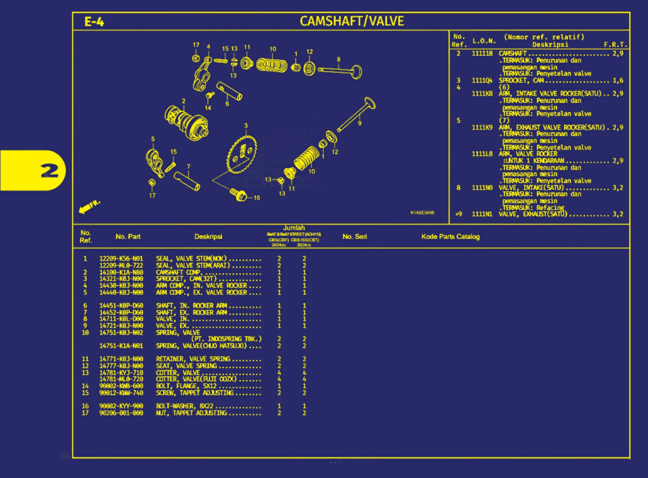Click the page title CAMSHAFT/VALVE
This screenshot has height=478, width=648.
[x=352, y=21]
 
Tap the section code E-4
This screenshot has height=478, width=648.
[x=94, y=22]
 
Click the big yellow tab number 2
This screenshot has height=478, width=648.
[x=50, y=171]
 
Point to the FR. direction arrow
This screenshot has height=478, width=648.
[x=89, y=206]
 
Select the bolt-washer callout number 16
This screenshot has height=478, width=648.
[x=257, y=198]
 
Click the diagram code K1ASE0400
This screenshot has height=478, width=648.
[x=422, y=212]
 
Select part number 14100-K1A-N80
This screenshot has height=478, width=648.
[x=121, y=272]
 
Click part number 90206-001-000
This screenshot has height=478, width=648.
[x=121, y=413]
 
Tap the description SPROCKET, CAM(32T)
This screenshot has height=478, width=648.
[x=186, y=279]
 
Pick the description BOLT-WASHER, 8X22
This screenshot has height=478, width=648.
[x=184, y=406]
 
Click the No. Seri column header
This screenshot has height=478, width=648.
[x=355, y=237]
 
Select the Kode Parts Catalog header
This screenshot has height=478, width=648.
[x=450, y=237]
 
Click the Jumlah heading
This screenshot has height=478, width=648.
[x=294, y=228]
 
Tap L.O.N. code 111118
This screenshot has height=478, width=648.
[x=482, y=53]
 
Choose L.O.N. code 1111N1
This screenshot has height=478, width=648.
[x=482, y=214]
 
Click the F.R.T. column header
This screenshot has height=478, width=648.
[x=615, y=45]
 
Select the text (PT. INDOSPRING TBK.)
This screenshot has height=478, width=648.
[x=226, y=339]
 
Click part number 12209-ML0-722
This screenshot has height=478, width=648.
[x=121, y=266]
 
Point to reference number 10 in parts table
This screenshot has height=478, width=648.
[x=85, y=333]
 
